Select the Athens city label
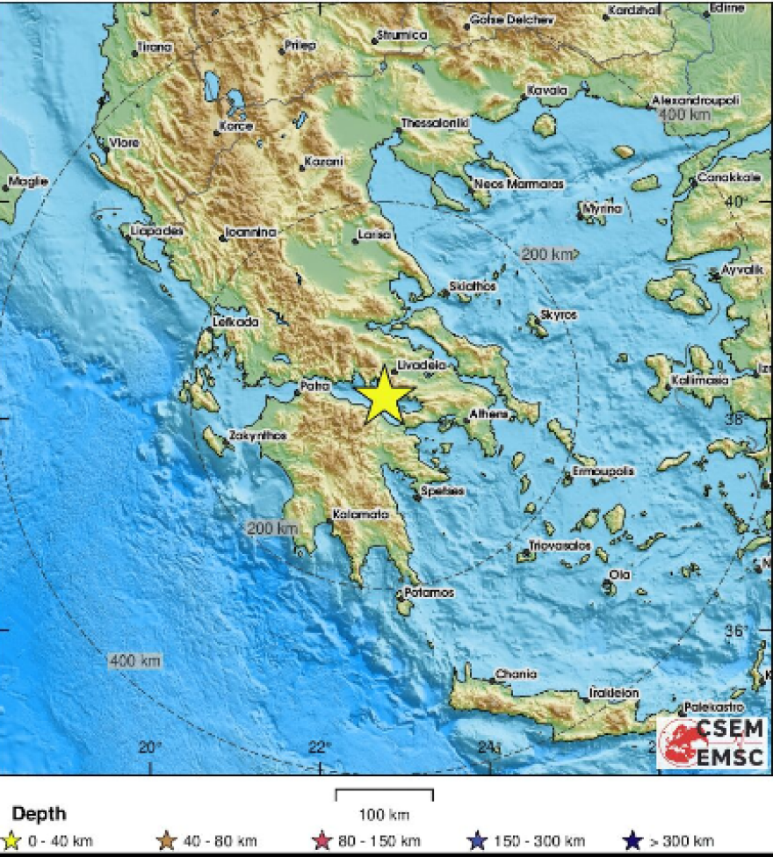[489, 414]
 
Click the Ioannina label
[250, 233]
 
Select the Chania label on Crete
[516, 674]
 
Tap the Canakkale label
[729, 178]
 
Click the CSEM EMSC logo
[712, 743]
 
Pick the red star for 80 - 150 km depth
[321, 841]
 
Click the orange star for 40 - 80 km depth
[167, 841]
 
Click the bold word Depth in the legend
[39, 814]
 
